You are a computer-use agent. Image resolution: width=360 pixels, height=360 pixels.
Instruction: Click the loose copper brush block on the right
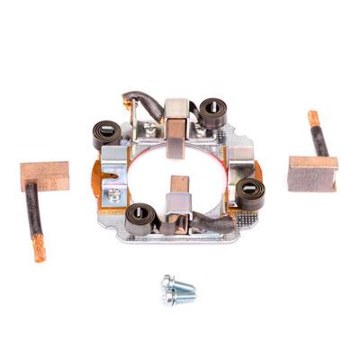[x=312, y=173]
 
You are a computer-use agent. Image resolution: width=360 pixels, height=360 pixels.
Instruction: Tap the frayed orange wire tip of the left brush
[x=39, y=247]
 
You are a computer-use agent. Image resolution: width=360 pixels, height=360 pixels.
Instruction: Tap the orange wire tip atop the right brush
[x=313, y=118]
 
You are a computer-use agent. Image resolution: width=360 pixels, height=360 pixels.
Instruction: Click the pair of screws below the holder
[x=179, y=290]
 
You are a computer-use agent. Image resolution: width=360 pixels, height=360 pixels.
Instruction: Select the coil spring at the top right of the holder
[x=212, y=112]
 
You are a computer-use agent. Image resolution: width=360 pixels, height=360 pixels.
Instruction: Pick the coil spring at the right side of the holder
[x=251, y=193]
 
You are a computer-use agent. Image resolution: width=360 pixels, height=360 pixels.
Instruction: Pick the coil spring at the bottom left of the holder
[x=140, y=217]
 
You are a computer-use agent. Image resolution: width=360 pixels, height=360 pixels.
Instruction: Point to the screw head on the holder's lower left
[x=114, y=193]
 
